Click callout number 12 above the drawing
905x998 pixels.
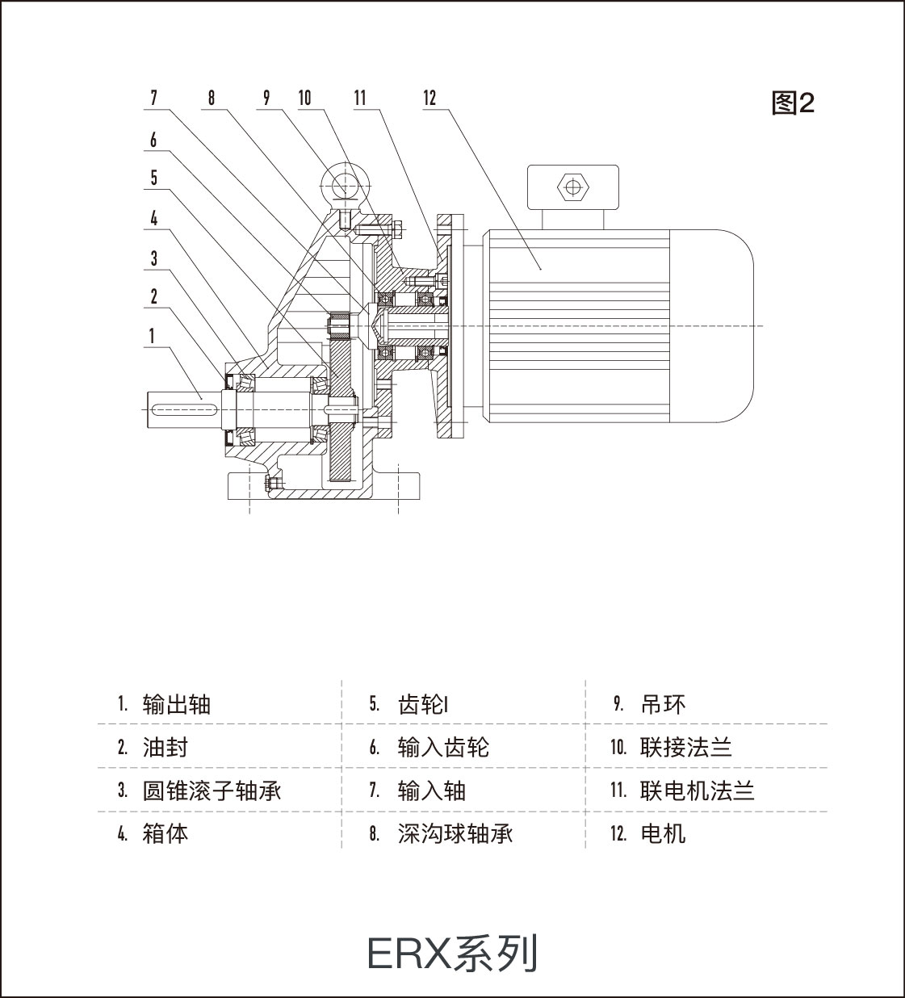[x=429, y=99]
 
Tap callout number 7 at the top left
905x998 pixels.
[x=153, y=99]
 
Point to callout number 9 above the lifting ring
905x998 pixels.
[x=266, y=99]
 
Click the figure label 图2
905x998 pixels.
[x=793, y=103]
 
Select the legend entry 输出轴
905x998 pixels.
[x=176, y=704]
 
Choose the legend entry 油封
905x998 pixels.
[x=165, y=747]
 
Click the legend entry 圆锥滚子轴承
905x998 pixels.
[x=212, y=790]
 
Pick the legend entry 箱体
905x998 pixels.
[x=165, y=833]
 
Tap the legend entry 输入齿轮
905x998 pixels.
[x=443, y=747]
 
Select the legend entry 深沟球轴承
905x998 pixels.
[x=455, y=833]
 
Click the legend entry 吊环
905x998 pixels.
[x=663, y=704]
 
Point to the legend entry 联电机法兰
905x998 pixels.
[x=697, y=790]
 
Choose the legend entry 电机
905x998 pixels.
[x=663, y=833]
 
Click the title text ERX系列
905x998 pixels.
[x=452, y=954]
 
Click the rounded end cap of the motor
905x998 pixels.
[x=714, y=325]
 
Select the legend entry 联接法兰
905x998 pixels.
[x=685, y=747]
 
